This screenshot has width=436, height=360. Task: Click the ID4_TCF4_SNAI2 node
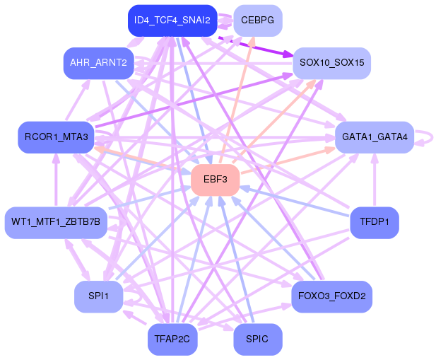pos(172,21)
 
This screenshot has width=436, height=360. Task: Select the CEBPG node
pos(257,21)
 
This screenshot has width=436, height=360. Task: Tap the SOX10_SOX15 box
pos(331,63)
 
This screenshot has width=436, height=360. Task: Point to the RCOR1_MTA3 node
pos(56,137)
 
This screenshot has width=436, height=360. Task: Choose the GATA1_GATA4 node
pos(375,137)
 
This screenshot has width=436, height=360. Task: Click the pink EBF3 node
pos(215,180)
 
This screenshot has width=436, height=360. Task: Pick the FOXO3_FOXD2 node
pos(331,296)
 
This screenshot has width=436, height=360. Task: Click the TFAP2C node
pos(172,339)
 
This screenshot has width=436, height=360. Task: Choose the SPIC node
pos(257,339)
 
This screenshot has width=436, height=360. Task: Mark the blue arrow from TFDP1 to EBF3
pos(297,202)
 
